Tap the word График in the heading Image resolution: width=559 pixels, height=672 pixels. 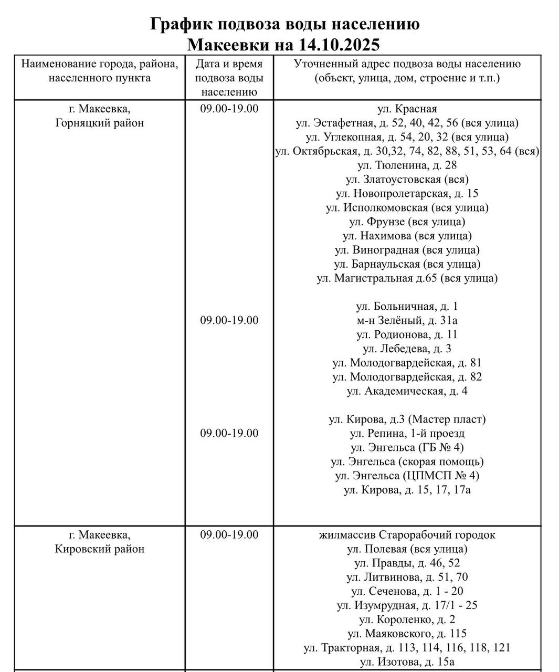point(180,24)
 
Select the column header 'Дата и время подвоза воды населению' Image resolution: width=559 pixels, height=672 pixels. point(229,78)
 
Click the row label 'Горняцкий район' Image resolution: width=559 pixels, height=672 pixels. point(99,123)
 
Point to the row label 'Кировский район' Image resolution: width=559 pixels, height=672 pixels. point(99,549)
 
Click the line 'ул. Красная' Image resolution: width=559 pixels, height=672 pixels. point(407,109)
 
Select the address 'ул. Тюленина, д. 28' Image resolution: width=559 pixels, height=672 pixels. point(407,165)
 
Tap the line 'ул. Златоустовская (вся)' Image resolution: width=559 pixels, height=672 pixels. point(407,179)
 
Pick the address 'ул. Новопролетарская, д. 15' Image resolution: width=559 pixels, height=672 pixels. point(407,193)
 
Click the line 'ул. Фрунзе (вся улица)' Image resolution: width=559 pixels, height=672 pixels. point(407,222)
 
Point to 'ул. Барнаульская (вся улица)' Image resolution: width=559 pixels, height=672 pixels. point(407,264)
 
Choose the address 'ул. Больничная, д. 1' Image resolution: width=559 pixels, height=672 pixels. point(407,306)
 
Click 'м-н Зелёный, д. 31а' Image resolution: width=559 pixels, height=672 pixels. point(407,320)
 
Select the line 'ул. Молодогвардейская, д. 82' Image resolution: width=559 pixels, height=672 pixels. point(407,377)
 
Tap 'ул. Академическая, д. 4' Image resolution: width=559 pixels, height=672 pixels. point(407,391)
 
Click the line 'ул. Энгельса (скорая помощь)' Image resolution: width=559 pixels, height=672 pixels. point(407,461)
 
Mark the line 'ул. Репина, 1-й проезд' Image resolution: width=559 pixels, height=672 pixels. point(407,433)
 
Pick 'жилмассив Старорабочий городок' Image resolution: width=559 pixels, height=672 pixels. point(407,535)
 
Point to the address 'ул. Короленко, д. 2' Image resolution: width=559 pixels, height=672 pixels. point(407,619)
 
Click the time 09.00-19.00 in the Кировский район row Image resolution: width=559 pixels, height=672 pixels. point(229,535)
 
